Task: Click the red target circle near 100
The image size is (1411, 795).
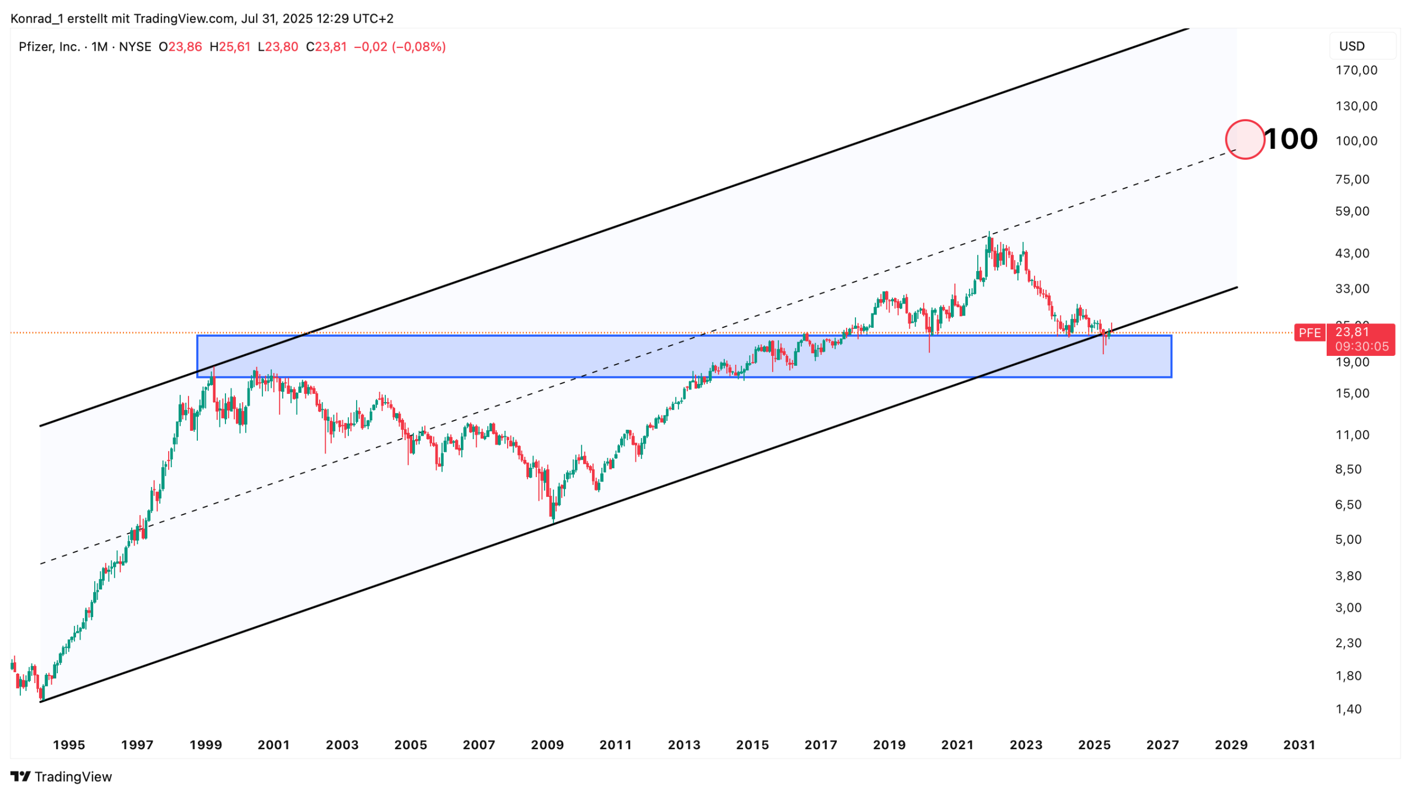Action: click(1245, 139)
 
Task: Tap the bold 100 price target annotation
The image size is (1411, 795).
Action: click(1291, 139)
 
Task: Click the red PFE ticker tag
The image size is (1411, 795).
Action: click(1310, 333)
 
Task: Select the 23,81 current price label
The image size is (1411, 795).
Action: click(1352, 332)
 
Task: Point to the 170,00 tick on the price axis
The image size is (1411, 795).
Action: click(1356, 71)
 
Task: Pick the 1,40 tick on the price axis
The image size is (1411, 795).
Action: click(1348, 709)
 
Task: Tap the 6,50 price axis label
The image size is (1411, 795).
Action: click(1348, 505)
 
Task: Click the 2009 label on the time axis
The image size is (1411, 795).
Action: click(547, 745)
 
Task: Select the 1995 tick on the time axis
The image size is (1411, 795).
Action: click(69, 745)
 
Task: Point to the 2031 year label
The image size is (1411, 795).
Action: click(1299, 745)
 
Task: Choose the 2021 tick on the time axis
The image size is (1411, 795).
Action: click(957, 745)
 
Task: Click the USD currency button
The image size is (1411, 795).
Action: click(1352, 46)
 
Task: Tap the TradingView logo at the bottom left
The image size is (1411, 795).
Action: click(61, 777)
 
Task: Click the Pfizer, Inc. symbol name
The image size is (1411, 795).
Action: click(50, 47)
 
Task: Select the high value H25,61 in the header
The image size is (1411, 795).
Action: click(230, 47)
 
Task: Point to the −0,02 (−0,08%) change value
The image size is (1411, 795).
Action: click(400, 47)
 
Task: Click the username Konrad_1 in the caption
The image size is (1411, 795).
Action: click(36, 19)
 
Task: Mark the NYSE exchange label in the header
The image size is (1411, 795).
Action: click(135, 47)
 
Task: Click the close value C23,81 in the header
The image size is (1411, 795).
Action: click(326, 47)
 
